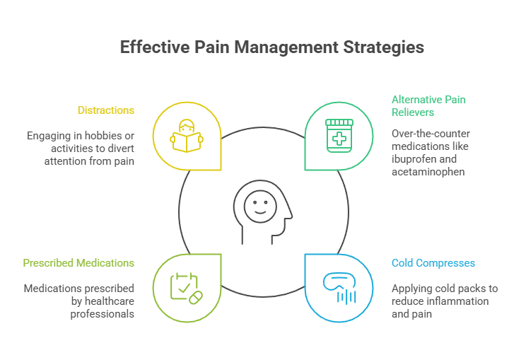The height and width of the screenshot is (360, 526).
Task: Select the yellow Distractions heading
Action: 106,110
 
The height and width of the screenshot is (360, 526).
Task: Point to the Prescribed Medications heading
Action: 78,263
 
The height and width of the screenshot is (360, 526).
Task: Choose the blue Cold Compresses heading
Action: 433,263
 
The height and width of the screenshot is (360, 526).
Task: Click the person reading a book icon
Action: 187,136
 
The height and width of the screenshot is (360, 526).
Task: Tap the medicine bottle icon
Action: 339,135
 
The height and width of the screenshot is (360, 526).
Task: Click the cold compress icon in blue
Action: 339,286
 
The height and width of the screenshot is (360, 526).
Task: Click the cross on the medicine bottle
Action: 339,139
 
